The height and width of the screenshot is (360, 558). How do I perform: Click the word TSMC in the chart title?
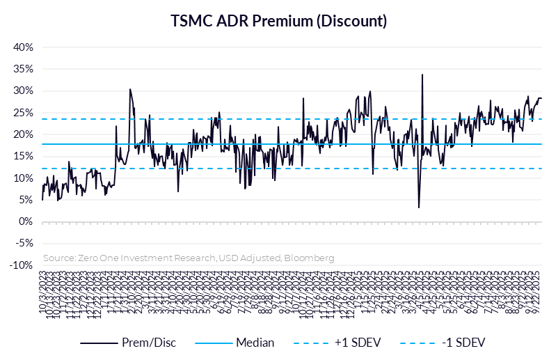pos(191,21)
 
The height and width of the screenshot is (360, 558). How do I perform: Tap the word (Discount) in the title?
pos(351,21)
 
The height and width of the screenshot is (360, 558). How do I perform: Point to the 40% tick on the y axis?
pos(24,47)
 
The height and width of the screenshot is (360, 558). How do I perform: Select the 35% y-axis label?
pos(24,69)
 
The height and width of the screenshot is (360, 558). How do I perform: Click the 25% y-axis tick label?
pos(24,113)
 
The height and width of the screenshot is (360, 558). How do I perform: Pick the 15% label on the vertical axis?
pos(24,156)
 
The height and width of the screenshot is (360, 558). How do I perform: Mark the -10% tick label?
pos(23,265)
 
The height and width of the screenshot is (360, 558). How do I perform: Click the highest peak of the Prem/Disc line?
pos(422,75)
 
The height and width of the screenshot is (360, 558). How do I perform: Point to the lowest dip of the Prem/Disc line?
pos(419,207)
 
